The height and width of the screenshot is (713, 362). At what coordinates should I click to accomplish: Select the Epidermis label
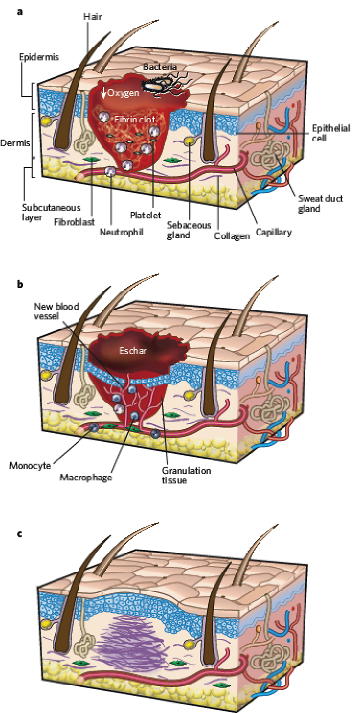coord(34,56)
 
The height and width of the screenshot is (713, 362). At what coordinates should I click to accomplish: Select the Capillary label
coord(274,232)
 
